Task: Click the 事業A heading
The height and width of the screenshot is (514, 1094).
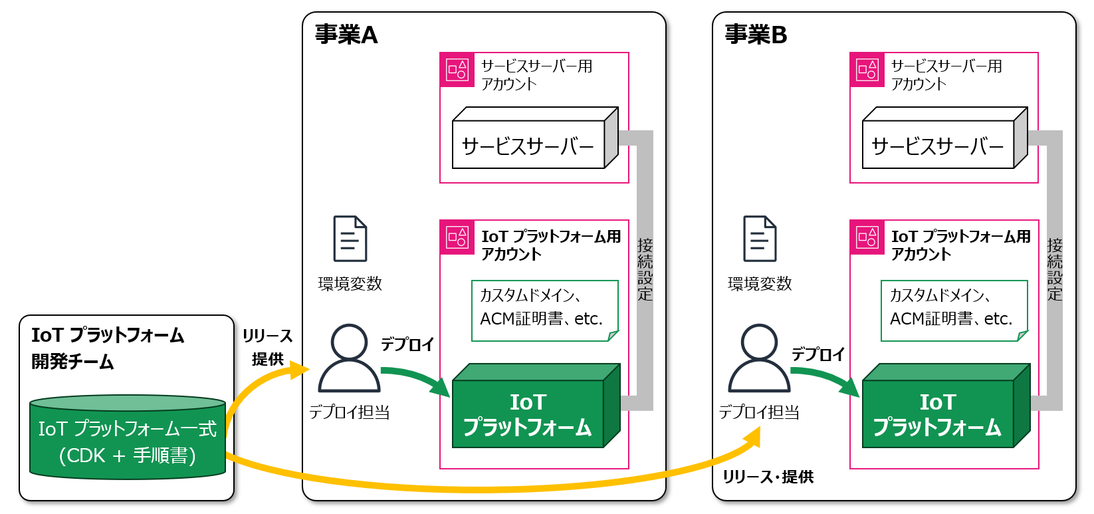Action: (346, 35)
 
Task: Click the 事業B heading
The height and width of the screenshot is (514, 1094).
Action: (756, 35)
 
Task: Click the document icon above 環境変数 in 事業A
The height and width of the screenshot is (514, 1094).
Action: (350, 239)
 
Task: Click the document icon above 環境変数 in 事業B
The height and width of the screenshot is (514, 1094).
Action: (760, 239)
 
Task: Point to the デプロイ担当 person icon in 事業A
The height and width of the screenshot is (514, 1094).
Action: (349, 359)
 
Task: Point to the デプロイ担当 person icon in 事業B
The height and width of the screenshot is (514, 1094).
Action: (759, 359)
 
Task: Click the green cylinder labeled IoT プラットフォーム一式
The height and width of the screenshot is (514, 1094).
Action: (128, 439)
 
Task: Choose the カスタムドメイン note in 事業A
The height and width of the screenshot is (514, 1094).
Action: (544, 311)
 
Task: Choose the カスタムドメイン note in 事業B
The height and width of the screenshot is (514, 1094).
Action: (954, 311)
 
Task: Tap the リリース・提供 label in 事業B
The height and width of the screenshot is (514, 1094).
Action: (768, 477)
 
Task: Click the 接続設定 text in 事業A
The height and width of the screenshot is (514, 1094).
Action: (645, 269)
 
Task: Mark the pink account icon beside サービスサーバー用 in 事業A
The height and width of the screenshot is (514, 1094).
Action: (457, 70)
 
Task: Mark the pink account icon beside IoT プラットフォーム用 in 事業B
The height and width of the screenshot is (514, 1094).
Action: (867, 237)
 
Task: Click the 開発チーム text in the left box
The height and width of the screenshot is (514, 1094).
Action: (73, 362)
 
